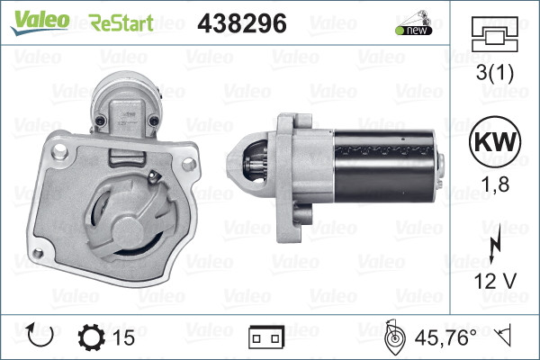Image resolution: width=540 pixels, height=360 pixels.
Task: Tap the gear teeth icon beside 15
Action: pyautogui.click(x=92, y=337)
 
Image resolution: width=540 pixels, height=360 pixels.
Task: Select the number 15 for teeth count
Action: pyautogui.click(x=125, y=337)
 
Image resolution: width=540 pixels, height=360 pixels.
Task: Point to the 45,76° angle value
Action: pyautogui.click(x=445, y=337)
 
